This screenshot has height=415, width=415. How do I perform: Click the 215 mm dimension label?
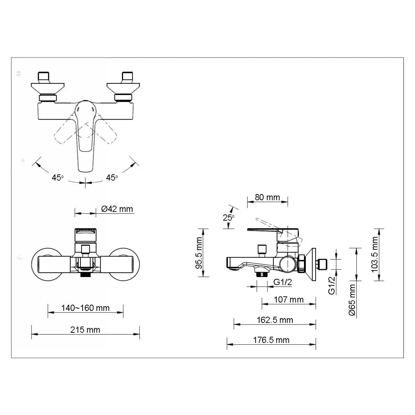point(85,330)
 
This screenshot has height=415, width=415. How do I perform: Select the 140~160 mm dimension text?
point(85,308)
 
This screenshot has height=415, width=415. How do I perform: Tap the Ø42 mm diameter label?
point(117,209)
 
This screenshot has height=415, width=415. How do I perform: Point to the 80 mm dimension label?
point(267,197)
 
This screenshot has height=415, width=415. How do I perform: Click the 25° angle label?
point(228,217)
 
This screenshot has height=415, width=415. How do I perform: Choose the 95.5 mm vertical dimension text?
point(199,253)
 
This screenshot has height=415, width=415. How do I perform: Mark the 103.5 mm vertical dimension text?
point(375,254)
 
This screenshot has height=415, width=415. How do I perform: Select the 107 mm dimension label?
point(289,300)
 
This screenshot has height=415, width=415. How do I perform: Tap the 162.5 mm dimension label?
point(275,320)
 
